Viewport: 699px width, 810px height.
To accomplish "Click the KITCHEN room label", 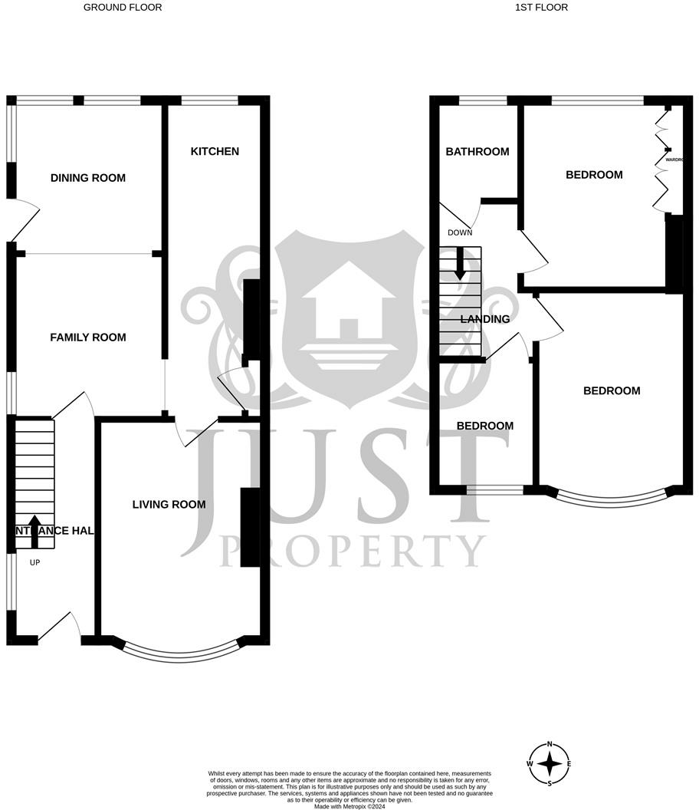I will (x=215, y=152).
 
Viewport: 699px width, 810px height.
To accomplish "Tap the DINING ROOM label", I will (x=88, y=178).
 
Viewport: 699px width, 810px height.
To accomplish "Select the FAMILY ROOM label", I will (x=88, y=337).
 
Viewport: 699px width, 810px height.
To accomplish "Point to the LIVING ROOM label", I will (x=169, y=505).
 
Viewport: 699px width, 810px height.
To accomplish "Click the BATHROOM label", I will (x=477, y=152).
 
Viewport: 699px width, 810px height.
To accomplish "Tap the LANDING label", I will (x=484, y=320).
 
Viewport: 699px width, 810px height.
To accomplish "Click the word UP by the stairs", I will (x=34, y=563).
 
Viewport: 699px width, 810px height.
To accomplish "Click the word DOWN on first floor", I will (x=460, y=233).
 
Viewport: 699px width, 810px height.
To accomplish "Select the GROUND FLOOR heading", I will (x=123, y=8).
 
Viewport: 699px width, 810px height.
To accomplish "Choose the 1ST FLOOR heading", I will (x=542, y=8).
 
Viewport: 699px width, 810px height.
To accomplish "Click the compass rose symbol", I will (x=550, y=763).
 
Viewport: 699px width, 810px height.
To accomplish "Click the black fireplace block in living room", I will (x=249, y=528).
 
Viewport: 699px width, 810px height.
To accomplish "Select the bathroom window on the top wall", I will (x=483, y=100).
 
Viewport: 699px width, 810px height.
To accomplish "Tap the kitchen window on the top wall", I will (x=209, y=100).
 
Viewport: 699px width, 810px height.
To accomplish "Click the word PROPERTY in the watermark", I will (x=353, y=551).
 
